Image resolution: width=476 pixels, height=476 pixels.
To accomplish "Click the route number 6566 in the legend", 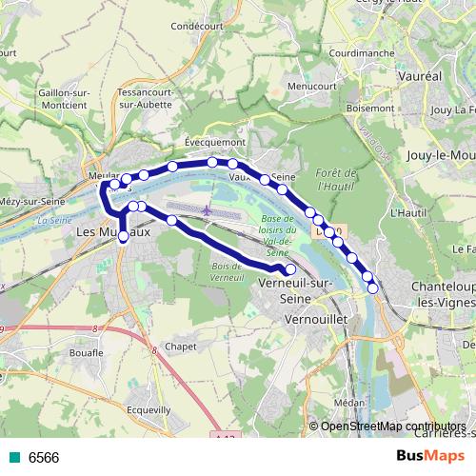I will tap(44, 458).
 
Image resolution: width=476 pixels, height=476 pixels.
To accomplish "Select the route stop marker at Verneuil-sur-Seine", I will tap(291, 269).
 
